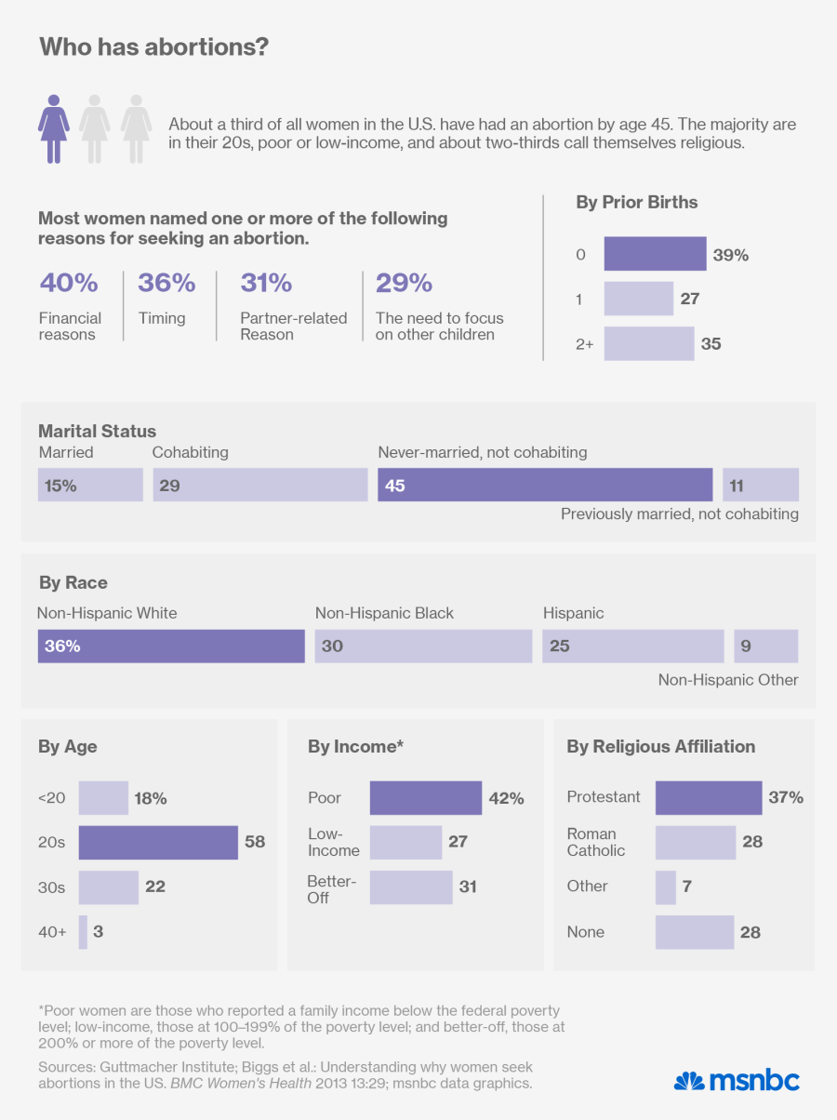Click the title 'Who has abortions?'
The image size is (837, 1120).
[x=153, y=47]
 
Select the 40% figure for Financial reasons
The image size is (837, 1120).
[x=69, y=283]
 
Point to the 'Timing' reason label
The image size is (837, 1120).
[x=162, y=318]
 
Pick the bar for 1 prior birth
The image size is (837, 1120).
[x=638, y=299]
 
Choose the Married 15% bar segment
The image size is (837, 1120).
[x=90, y=485]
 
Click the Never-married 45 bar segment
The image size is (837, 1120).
[x=545, y=485]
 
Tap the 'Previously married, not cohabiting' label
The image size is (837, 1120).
[x=679, y=513]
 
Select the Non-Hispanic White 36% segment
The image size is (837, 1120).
[x=171, y=646]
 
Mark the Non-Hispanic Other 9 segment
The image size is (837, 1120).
[x=765, y=646]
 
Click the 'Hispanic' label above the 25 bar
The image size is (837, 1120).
[x=573, y=613]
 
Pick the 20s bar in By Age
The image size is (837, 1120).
[x=158, y=842]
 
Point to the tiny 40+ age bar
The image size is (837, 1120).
[x=83, y=931]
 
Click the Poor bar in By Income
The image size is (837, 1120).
[x=426, y=797]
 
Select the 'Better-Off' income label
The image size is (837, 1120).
[x=332, y=887]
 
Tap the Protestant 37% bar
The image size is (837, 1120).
[x=709, y=797]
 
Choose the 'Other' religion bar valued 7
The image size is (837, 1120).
[x=666, y=887]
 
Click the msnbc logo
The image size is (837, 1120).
[x=737, y=1080]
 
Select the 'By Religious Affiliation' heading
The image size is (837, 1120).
[x=660, y=746]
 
